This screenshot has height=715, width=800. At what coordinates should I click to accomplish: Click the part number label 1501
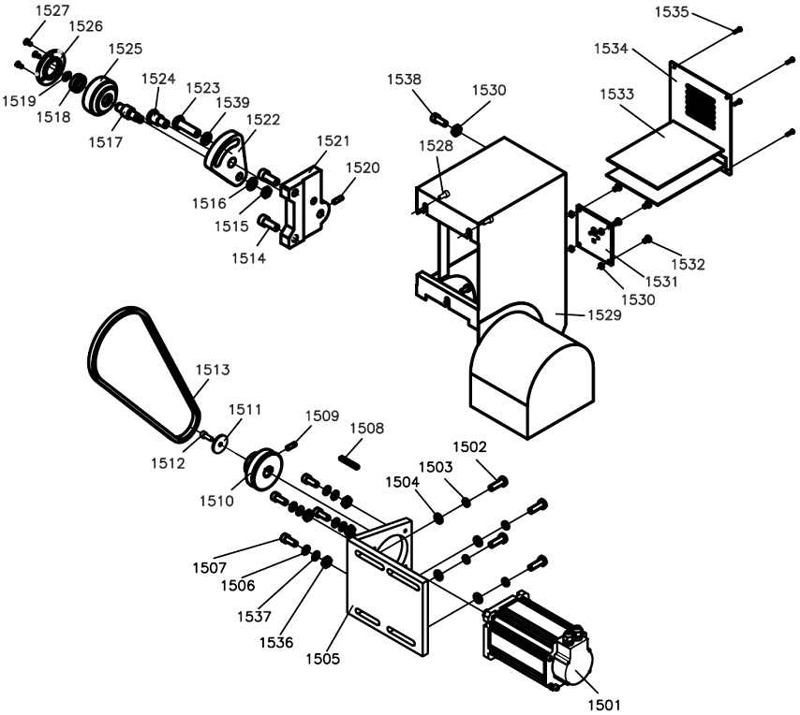coord(603,706)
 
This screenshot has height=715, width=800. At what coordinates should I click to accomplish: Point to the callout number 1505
coord(322,659)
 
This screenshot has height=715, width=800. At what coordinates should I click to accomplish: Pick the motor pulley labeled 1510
coord(263,470)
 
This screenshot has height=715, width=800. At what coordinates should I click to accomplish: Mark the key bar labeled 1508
coord(350,461)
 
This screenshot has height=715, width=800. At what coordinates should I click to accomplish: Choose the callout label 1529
coord(604,315)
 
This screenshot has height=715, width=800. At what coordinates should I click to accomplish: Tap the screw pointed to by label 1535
coord(738,30)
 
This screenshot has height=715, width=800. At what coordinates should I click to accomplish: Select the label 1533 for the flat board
coord(616,94)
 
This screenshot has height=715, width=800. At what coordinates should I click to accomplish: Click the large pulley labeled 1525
coord(100,95)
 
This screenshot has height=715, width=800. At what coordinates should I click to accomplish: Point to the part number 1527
coord(52,10)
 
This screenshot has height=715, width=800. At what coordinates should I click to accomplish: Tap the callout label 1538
coord(404,79)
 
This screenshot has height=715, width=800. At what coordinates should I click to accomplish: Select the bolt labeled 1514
coord(268,223)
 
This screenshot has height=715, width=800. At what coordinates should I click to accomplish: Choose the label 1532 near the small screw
coord(688,264)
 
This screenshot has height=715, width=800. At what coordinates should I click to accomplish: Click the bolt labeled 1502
coord(498,483)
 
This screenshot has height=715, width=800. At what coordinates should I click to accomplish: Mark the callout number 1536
coord(276,642)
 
